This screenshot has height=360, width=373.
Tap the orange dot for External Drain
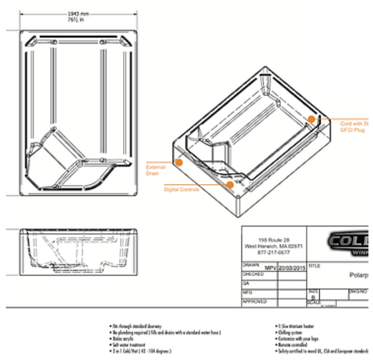click(x=179, y=163)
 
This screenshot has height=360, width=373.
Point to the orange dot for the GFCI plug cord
click(x=311, y=119)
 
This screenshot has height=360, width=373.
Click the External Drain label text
click(x=155, y=170)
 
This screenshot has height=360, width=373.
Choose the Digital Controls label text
click(x=182, y=190)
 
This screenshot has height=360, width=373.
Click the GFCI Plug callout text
click(x=354, y=130)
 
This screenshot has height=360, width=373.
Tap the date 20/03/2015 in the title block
click(x=292, y=268)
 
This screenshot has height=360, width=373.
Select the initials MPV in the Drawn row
click(x=270, y=268)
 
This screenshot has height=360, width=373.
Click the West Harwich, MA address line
click(x=273, y=246)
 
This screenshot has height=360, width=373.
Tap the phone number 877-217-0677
click(x=273, y=252)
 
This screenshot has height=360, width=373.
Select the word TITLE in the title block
click(x=315, y=266)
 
